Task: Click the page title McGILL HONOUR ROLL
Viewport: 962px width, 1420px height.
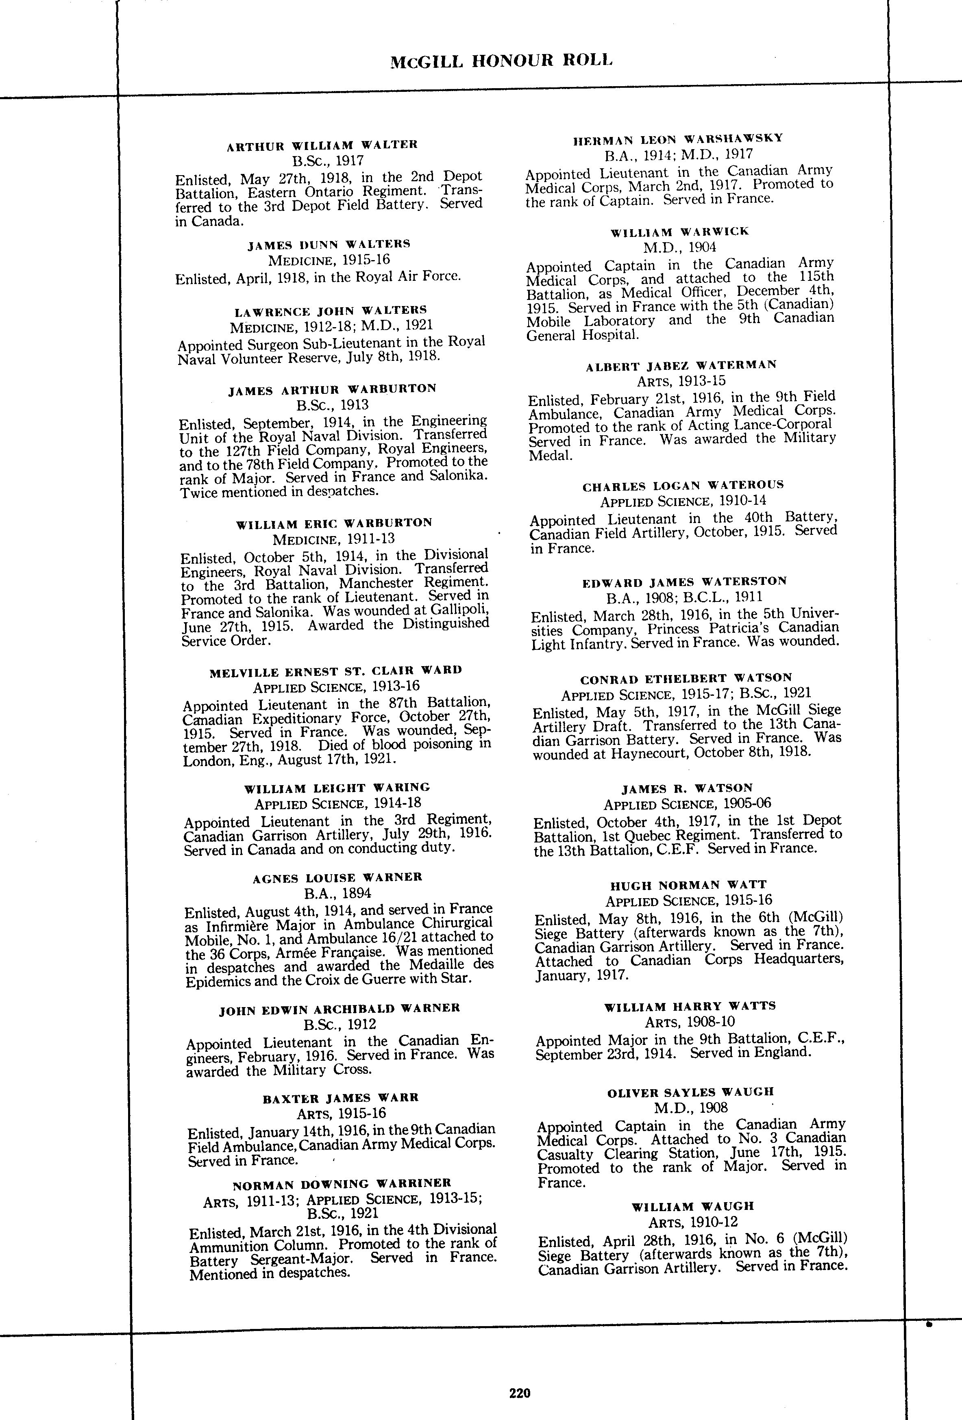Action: click(501, 61)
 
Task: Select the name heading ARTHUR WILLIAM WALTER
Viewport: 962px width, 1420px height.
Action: click(322, 145)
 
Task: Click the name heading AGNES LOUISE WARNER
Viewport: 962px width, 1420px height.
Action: click(337, 877)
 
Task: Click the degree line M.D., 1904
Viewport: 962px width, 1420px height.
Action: click(679, 248)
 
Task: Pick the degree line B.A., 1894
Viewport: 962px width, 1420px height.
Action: click(338, 893)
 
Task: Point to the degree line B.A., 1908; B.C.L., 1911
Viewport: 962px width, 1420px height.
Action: click(685, 597)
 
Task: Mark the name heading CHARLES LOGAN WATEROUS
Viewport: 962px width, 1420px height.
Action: click(683, 486)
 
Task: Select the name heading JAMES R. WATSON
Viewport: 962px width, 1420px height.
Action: click(687, 788)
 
